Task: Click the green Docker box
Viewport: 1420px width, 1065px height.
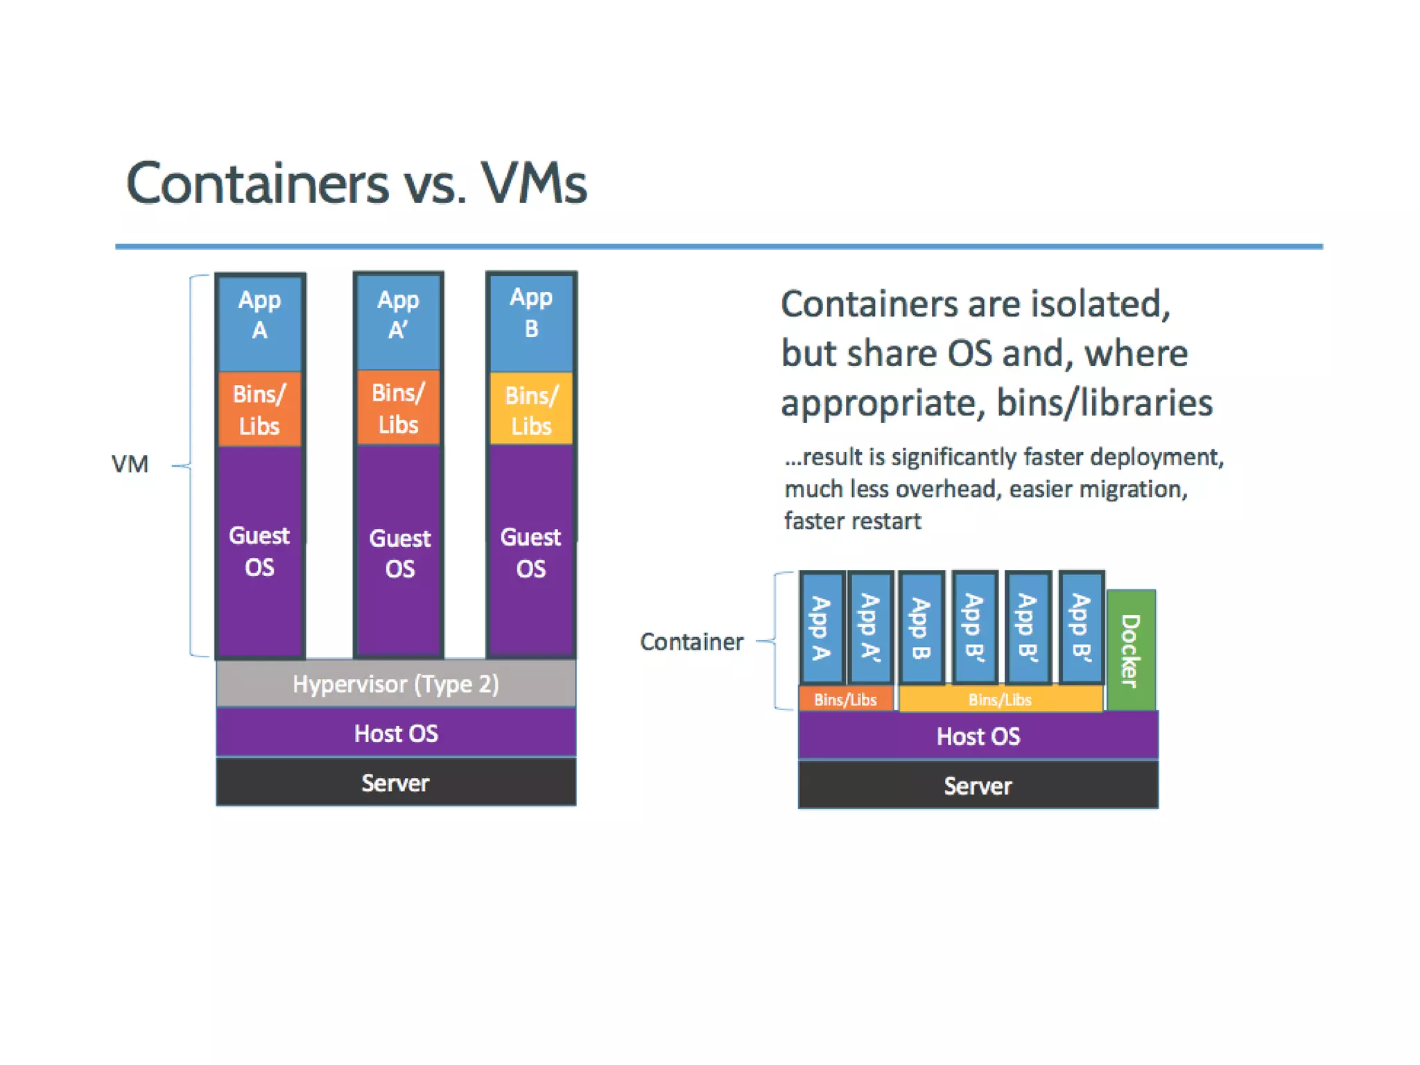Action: pos(1131,650)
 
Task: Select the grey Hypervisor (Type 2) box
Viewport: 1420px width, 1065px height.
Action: pos(396,684)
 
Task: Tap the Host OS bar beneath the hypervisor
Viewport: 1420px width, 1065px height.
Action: pos(396,733)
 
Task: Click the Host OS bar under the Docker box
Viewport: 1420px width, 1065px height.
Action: pos(978,736)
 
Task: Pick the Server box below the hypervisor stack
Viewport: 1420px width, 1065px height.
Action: pos(396,783)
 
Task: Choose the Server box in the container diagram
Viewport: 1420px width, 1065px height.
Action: pos(978,786)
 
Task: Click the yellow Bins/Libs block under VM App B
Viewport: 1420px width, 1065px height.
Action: pos(531,410)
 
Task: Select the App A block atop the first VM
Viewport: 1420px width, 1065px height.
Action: pos(260,315)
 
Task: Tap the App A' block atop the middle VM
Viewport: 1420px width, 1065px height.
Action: pos(399,315)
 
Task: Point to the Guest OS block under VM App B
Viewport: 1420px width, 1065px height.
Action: pos(531,552)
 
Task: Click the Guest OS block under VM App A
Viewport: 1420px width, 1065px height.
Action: pos(260,552)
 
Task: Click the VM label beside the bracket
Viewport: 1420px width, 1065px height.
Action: pos(130,464)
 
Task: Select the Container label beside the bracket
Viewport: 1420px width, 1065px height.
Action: pos(691,642)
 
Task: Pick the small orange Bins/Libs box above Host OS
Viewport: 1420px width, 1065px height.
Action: pos(845,700)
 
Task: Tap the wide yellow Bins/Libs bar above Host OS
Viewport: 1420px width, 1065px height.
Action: pos(1000,700)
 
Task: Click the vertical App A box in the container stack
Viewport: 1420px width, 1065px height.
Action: pos(822,628)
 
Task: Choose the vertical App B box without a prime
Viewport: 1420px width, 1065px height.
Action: pos(921,628)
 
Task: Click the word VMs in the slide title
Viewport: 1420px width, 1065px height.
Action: pos(534,184)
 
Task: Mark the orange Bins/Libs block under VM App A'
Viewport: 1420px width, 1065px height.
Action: pos(399,408)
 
